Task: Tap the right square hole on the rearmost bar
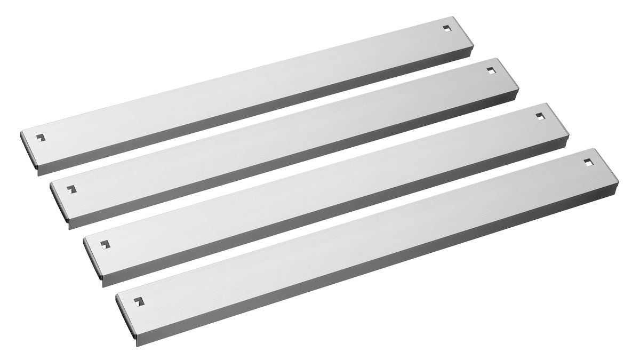point(446,28)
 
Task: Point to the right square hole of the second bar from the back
point(491,70)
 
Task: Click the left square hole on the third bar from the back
point(104,244)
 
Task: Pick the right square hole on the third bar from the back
point(540,116)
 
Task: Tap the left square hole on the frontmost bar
point(139,301)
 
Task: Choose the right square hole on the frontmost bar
point(588,161)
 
